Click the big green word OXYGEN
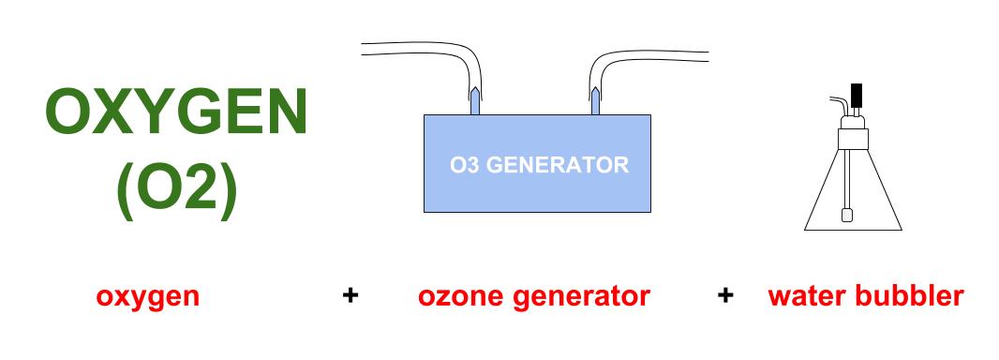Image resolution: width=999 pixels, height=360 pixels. [176, 112]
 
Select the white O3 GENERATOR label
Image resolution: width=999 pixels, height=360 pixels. [539, 165]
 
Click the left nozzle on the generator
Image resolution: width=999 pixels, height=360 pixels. [474, 100]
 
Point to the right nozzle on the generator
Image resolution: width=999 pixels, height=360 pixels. [595, 100]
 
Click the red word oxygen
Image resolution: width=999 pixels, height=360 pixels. [148, 297]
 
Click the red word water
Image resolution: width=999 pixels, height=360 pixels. [805, 296]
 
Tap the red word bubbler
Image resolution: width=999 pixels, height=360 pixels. [907, 296]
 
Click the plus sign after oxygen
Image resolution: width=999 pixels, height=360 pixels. [350, 295]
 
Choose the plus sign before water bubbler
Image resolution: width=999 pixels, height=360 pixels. [725, 295]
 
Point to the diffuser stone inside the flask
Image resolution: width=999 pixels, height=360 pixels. [847, 215]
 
